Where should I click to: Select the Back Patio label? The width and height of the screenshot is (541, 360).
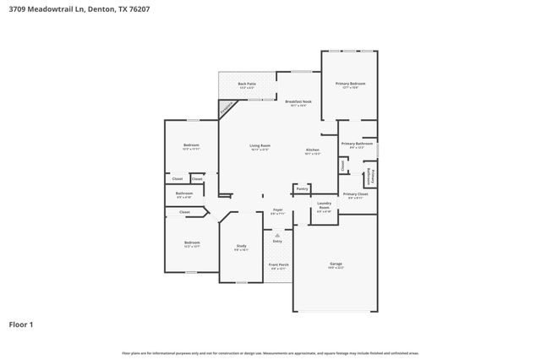click(247, 85)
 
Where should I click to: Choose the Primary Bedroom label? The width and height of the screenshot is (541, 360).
click(350, 85)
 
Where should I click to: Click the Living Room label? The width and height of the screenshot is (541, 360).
click(260, 147)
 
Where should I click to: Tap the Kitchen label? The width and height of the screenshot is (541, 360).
click(313, 151)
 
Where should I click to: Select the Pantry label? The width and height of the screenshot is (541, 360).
click(302, 189)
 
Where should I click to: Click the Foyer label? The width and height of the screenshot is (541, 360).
click(277, 210)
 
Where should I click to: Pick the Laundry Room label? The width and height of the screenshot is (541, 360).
click(324, 206)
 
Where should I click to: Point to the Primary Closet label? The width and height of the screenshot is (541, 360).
click(355, 195)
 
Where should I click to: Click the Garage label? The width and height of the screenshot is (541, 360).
click(336, 265)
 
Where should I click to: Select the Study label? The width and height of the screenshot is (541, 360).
click(241, 246)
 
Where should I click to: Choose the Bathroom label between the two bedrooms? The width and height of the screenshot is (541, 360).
click(185, 194)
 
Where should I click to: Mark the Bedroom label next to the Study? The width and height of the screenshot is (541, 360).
click(192, 244)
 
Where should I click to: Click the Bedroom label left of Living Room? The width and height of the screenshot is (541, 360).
click(191, 145)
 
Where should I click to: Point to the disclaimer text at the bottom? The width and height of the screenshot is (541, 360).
click(270, 352)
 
